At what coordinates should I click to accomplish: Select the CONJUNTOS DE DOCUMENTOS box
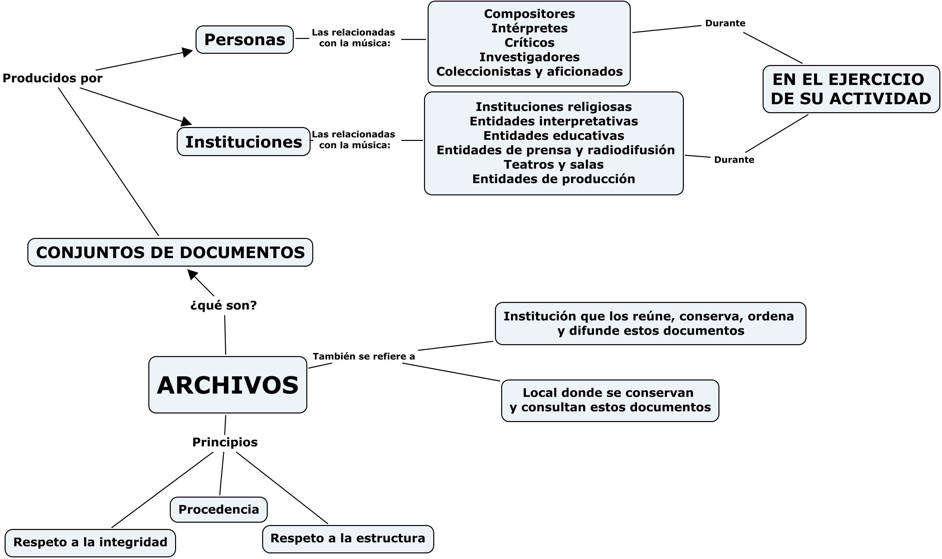point(170,252)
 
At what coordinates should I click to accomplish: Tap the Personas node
point(244,40)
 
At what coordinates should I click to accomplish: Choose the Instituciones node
point(244,142)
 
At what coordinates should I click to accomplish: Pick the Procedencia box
point(219,509)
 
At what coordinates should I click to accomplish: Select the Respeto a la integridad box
point(90,542)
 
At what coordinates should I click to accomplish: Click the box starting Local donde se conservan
point(610,400)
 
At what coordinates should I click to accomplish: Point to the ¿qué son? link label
point(224,305)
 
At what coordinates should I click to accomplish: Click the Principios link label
point(225,442)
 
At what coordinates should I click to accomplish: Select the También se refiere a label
point(364,356)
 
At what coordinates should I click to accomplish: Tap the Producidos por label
point(52,78)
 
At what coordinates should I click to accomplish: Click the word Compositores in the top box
point(529,14)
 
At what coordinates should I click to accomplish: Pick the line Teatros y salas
point(553,165)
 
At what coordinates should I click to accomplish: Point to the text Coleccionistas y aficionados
point(529,72)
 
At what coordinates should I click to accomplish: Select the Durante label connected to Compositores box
point(725,23)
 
